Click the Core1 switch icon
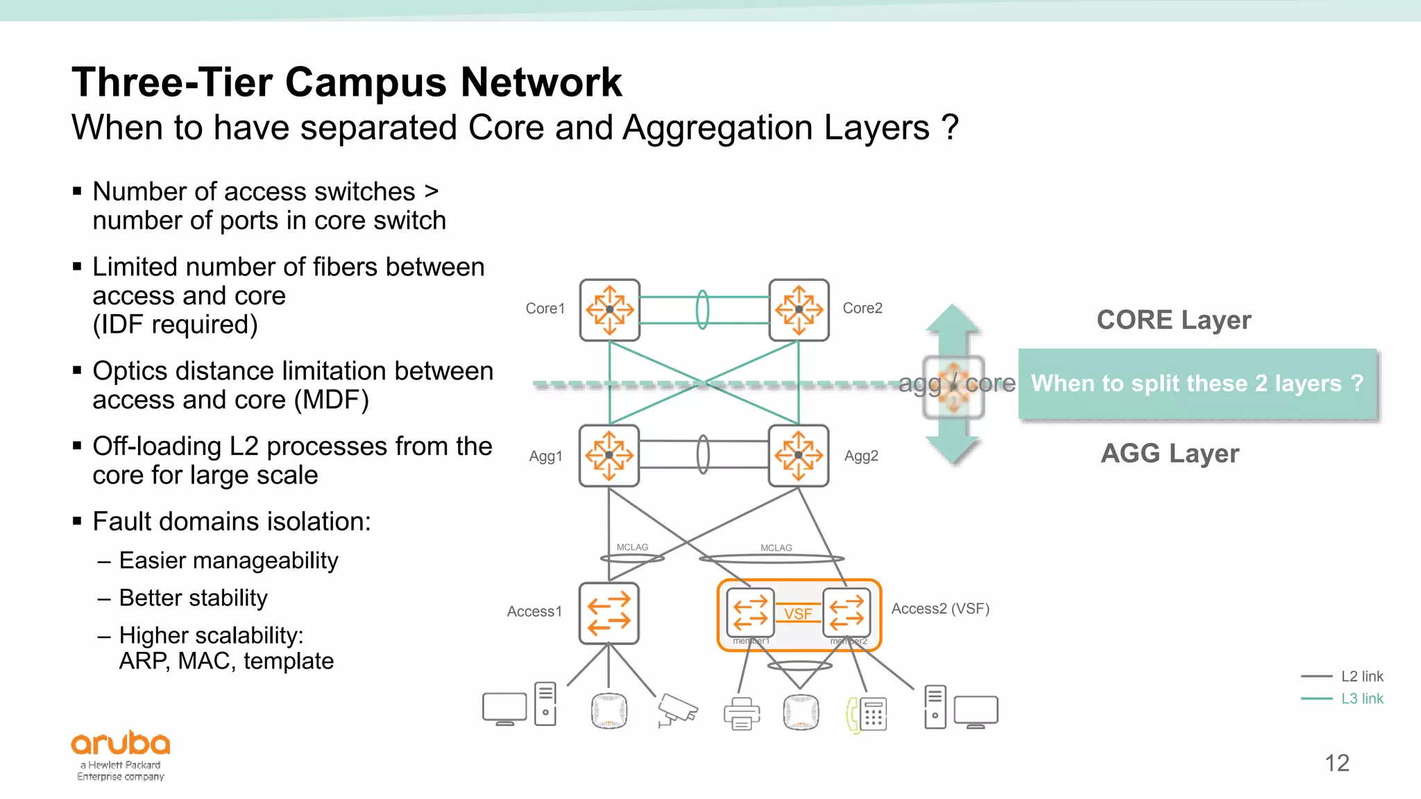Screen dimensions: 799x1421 click(609, 310)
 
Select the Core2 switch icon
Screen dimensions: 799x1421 click(799, 310)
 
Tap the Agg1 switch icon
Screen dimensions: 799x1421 click(609, 456)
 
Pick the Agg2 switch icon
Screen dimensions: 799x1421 click(799, 456)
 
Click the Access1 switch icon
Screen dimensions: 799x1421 click(609, 613)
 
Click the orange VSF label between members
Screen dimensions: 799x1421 click(798, 614)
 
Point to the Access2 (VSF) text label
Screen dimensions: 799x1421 click(939, 609)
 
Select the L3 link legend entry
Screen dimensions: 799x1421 click(1361, 698)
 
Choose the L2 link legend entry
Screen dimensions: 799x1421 click(1361, 676)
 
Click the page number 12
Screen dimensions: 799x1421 click(1336, 763)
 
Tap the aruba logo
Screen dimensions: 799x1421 click(121, 744)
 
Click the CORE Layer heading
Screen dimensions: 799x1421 click(1173, 320)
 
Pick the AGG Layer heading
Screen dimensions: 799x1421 click(1170, 453)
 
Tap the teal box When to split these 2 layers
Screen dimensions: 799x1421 click(1197, 384)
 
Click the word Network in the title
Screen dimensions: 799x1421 click(541, 82)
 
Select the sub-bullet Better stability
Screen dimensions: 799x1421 click(193, 598)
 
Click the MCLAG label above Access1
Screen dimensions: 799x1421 click(632, 547)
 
